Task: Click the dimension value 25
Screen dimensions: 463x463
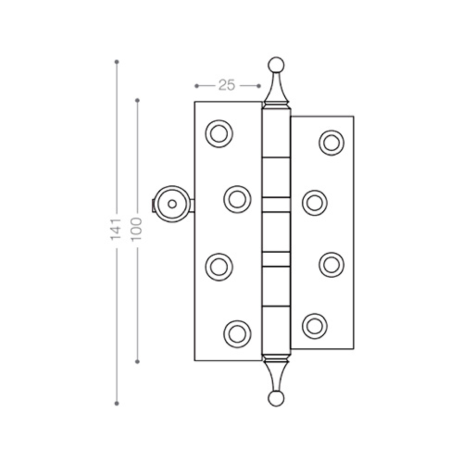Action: point(227,85)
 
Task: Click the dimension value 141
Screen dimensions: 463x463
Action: point(116,229)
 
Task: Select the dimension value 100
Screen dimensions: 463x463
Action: point(137,229)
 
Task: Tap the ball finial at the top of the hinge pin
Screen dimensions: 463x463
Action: point(276,64)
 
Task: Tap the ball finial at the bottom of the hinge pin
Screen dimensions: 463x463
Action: point(276,399)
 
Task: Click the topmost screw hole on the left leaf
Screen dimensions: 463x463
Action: point(219,134)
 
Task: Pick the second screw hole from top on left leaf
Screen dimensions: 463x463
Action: point(238,200)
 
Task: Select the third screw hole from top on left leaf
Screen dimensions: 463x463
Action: point(219,267)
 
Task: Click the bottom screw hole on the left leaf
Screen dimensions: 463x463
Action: point(238,333)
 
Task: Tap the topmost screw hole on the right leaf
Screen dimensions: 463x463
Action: point(332,143)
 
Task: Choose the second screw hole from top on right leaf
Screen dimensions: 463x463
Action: point(315,203)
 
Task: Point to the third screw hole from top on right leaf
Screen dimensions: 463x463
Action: point(332,265)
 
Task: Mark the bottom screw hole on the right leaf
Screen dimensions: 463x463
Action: point(315,326)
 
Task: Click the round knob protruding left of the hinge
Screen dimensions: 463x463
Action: point(172,204)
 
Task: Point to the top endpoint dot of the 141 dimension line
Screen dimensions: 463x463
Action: point(117,62)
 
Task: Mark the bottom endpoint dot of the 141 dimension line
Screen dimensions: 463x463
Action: point(117,403)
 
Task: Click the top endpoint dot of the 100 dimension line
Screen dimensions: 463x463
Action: point(138,100)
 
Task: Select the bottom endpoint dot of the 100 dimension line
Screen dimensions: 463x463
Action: point(138,361)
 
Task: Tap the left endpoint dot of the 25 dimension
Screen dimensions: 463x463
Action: point(196,86)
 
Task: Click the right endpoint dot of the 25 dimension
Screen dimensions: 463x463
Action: point(259,86)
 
